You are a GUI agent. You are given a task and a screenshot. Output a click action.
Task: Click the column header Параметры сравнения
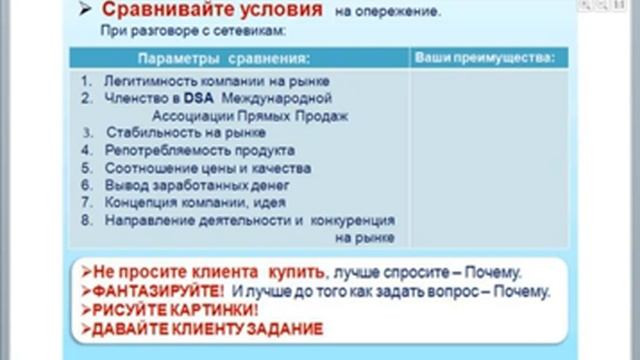(x=210, y=58)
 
